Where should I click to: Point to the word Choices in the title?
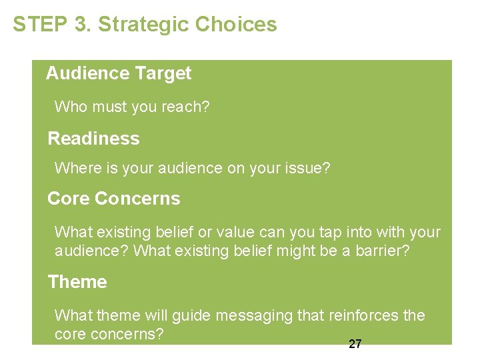(x=236, y=25)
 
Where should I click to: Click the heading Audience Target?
(x=119, y=73)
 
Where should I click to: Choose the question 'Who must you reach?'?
(x=131, y=107)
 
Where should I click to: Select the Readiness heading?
(x=93, y=139)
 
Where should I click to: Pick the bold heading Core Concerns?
(x=114, y=199)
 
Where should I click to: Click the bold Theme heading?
(x=77, y=282)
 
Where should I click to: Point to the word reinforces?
(x=364, y=315)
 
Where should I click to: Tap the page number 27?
(x=355, y=344)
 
